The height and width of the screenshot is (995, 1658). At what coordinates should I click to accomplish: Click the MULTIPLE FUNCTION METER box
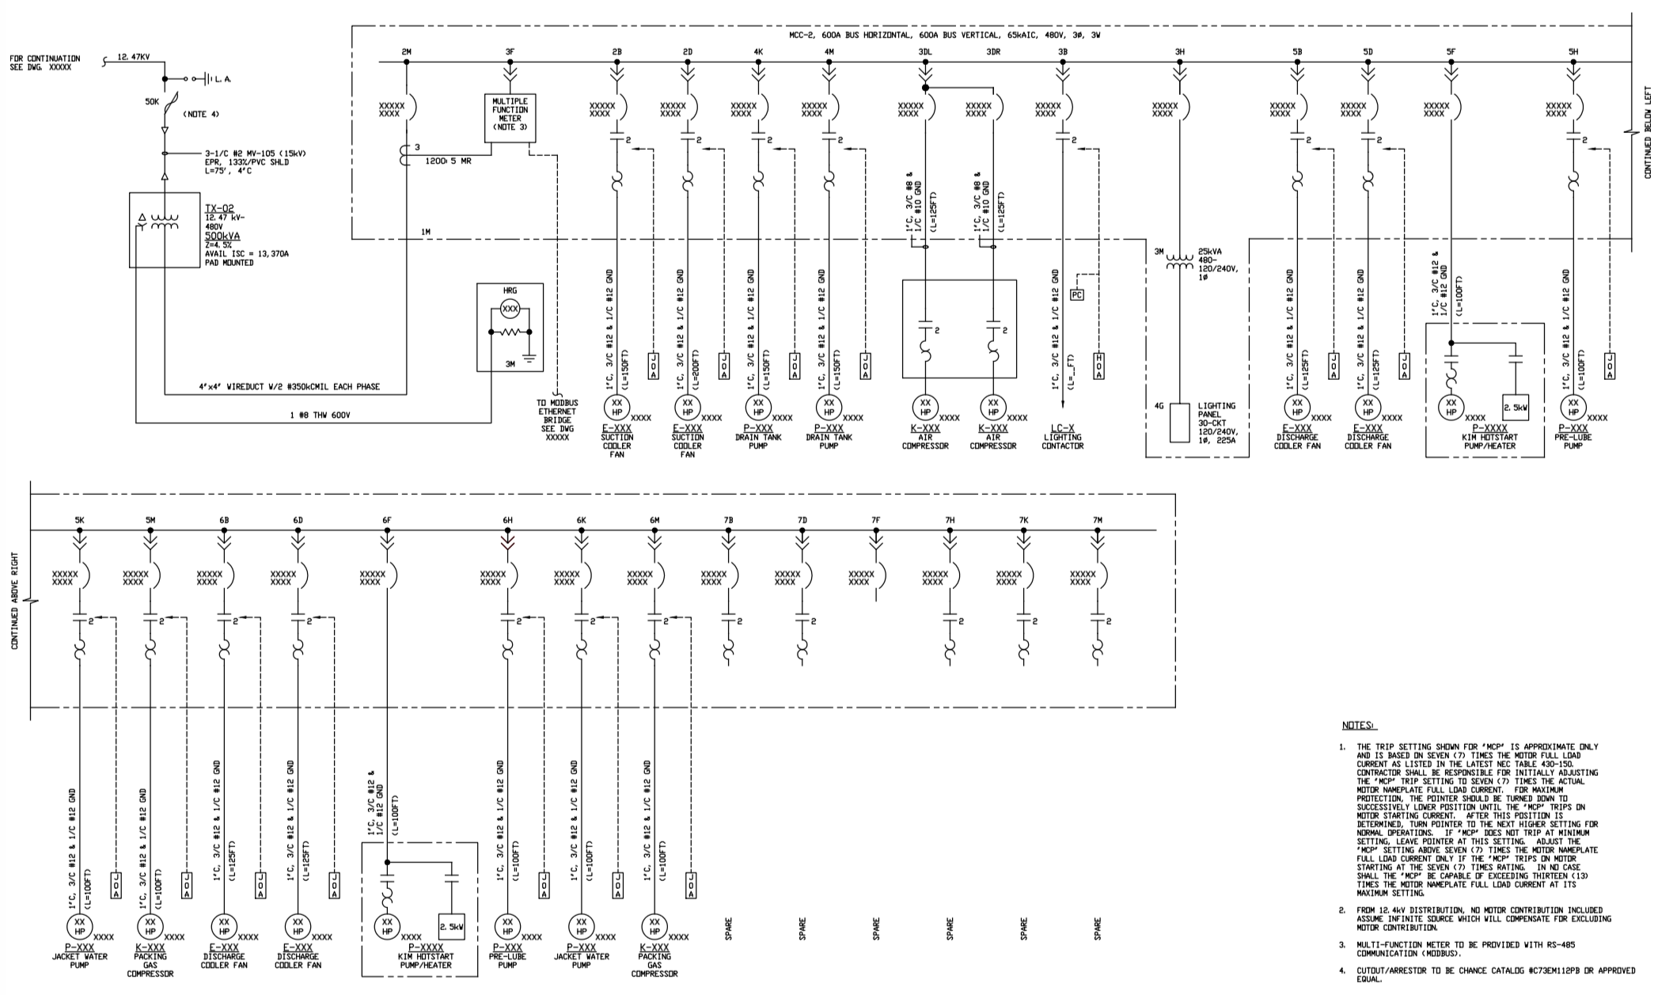(510, 118)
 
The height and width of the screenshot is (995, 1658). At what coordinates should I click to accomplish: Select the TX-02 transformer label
(220, 208)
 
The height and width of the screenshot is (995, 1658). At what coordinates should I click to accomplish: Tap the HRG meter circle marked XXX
(510, 307)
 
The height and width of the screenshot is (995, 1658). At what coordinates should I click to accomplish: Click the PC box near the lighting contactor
(1076, 295)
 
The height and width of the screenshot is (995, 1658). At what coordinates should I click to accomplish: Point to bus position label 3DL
(924, 52)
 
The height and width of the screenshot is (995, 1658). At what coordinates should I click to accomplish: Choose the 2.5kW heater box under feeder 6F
(452, 926)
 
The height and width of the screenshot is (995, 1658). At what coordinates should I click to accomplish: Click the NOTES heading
(1359, 725)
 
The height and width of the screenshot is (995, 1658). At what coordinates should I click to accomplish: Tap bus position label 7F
(875, 520)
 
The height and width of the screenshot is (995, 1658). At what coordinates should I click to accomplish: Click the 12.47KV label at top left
(133, 57)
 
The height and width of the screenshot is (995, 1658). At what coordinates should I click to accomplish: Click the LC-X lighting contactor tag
(1062, 428)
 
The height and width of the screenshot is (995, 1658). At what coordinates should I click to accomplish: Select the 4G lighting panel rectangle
(1179, 423)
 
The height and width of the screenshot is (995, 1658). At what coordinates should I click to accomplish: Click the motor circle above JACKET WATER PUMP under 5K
(79, 925)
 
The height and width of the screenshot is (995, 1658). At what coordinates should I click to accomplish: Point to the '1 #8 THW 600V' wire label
(319, 415)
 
